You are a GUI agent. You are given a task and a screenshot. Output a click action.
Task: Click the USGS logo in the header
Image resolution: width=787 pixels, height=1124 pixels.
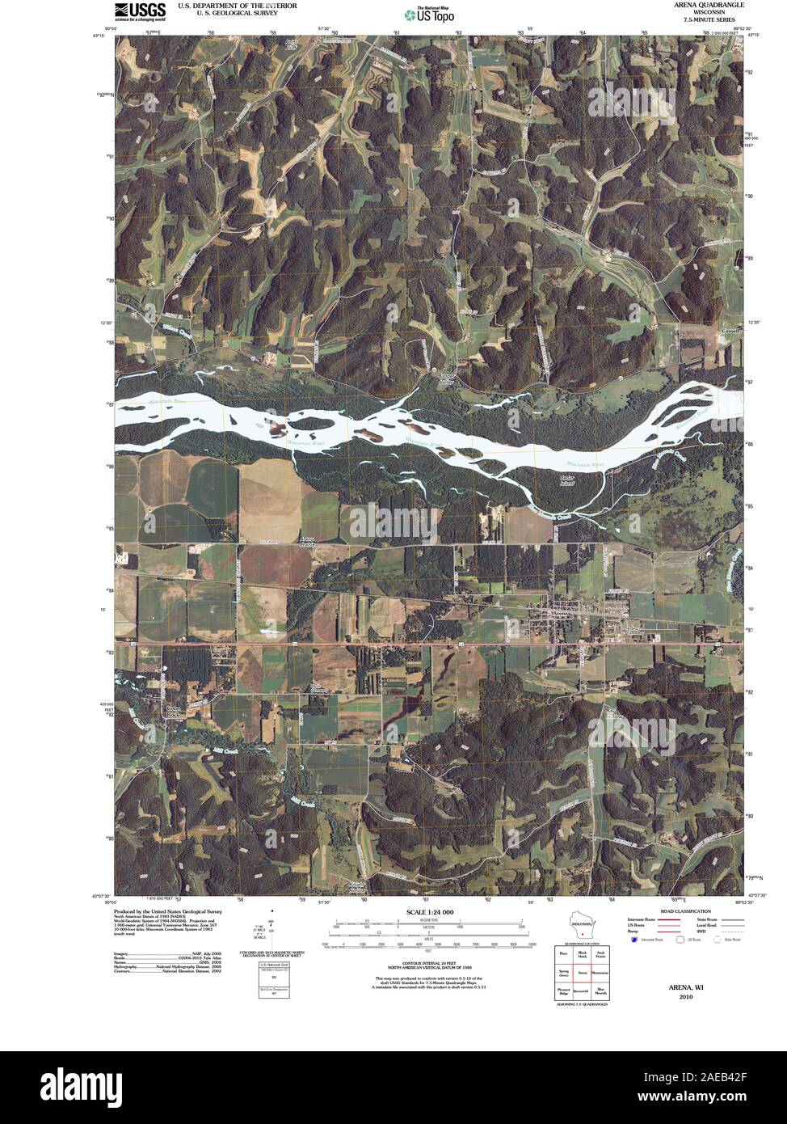point(140,11)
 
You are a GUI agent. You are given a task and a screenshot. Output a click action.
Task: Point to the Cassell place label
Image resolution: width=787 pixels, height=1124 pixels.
point(730,331)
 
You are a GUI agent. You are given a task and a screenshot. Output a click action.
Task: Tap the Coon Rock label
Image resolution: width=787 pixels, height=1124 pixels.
point(172,712)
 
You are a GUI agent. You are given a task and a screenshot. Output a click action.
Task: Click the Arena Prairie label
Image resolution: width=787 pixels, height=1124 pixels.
point(307,541)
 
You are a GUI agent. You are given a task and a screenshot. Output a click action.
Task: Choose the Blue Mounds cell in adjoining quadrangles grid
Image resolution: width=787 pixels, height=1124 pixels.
point(600,990)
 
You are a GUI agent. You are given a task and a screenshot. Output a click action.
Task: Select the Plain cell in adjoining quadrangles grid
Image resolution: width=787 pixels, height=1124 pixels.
point(562,954)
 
